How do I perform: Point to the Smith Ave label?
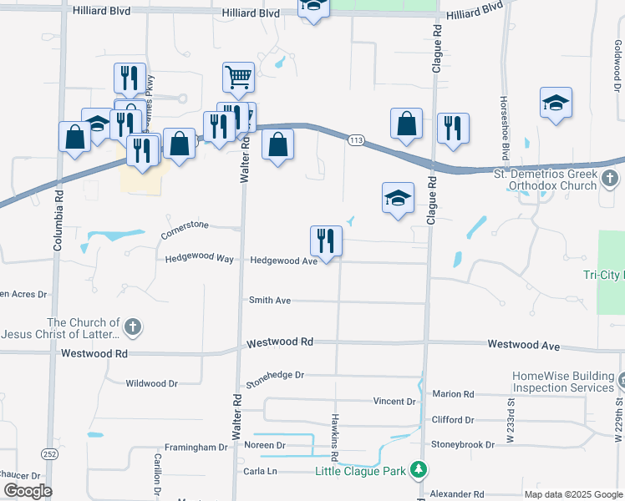pos(270,300)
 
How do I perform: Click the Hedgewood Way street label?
pos(199,260)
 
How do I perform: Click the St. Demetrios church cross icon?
pos(610,178)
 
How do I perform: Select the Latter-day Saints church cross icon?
pos(133,328)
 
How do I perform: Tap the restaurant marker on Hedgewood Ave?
pos(326,241)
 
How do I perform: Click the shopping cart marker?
pos(238,78)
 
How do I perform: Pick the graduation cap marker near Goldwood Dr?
pos(556,103)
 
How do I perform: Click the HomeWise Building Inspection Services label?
pos(563,382)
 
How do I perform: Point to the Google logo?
pos(27,491)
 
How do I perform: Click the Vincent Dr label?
pos(394,402)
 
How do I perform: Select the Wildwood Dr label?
pos(151,384)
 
